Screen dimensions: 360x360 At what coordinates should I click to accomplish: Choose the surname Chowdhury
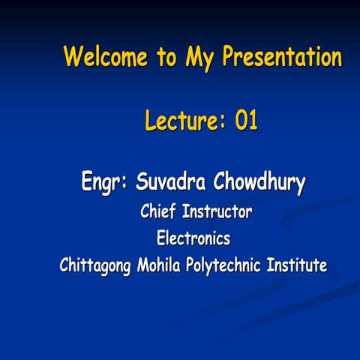[x=259, y=182]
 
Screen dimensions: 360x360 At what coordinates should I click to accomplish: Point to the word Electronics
[x=193, y=239]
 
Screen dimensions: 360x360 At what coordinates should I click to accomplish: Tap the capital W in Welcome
[x=72, y=57]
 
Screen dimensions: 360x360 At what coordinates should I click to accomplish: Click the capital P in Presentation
[x=230, y=57]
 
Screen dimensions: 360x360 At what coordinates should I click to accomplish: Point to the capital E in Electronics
[x=160, y=239]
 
